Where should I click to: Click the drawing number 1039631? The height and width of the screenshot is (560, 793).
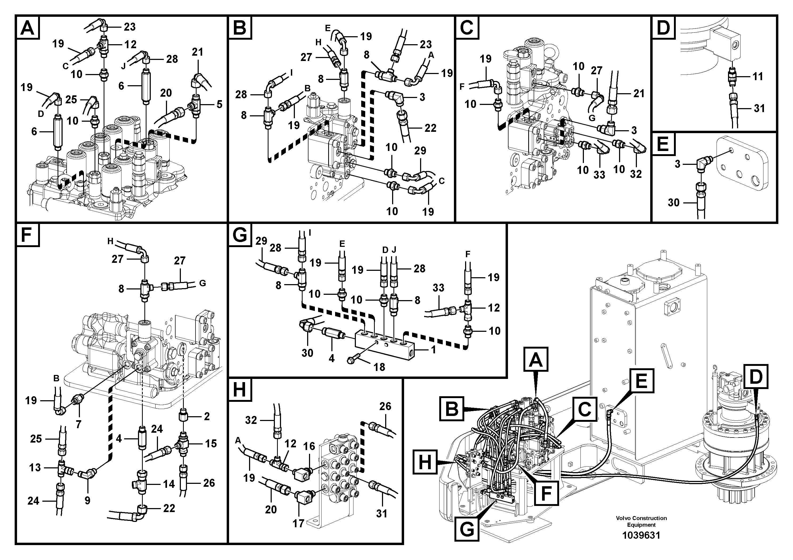coord(641,536)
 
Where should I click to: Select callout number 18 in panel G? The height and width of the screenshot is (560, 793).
coord(379,367)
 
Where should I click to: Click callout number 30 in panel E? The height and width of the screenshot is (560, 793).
coord(673,203)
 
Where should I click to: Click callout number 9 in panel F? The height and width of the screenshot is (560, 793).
coord(87,500)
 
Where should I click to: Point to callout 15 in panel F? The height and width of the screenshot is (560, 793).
coord(211,444)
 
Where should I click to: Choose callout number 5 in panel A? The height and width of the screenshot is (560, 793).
coord(219,104)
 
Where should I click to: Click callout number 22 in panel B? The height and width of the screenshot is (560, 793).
coord(430,128)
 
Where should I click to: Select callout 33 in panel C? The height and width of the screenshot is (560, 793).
coord(599,175)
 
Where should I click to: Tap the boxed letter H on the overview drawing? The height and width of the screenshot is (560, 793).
coord(425,463)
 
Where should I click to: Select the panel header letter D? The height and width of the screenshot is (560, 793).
coord(663,28)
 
